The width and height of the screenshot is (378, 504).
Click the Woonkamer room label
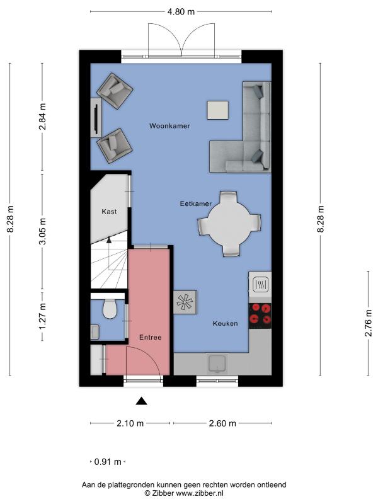pyautogui.click(x=169, y=125)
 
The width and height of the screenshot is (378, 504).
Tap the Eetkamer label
pyautogui.click(x=195, y=203)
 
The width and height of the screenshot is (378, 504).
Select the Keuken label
pyautogui.click(x=225, y=323)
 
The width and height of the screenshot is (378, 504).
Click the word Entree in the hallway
pyautogui.click(x=150, y=337)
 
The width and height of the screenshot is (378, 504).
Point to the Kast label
pyautogui.click(x=109, y=212)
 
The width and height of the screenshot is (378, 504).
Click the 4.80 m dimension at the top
pyautogui.click(x=181, y=12)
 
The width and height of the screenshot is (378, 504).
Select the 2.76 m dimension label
pyautogui.click(x=369, y=323)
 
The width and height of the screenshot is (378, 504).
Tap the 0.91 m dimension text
pyautogui.click(x=108, y=462)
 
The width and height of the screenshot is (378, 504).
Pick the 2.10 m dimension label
pyautogui.click(x=130, y=423)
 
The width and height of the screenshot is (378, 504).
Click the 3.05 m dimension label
pyautogui.click(x=42, y=231)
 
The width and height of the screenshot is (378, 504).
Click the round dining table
pyautogui.click(x=229, y=224)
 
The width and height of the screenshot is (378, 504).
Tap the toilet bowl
pyautogui.click(x=109, y=309)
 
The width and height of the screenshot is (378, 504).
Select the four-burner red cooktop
pyautogui.click(x=260, y=316)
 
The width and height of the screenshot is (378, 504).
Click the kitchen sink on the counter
pyautogui.click(x=217, y=364)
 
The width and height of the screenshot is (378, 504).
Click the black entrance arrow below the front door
pyautogui.click(x=141, y=401)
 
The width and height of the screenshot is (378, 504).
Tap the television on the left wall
pyautogui.click(x=96, y=118)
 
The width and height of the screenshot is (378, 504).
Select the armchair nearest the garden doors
pyautogui.click(x=115, y=90)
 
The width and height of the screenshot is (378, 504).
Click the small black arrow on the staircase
pyautogui.click(x=109, y=239)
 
